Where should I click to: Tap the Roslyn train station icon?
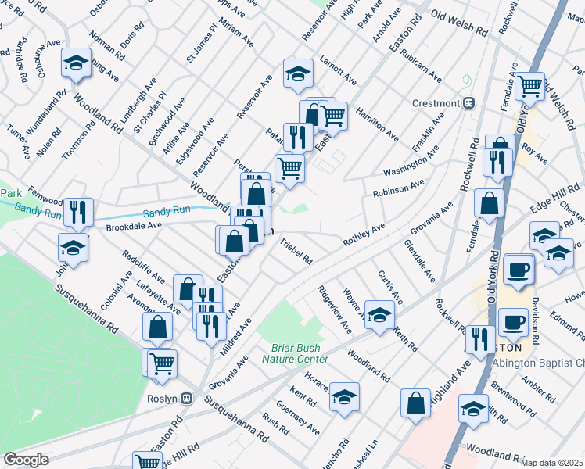[x=187, y=398]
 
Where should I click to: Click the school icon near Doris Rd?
[x=76, y=63]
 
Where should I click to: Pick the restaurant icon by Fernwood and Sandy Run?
[x=78, y=211]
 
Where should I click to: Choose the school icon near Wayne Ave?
[x=380, y=315]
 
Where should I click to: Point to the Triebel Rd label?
[x=296, y=251]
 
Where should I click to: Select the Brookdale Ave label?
[x=133, y=225]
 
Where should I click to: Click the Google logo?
[x=26, y=460]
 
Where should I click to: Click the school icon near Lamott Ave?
[x=298, y=73]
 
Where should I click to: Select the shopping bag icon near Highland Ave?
[x=416, y=403]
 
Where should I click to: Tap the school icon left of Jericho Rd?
[x=344, y=397]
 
